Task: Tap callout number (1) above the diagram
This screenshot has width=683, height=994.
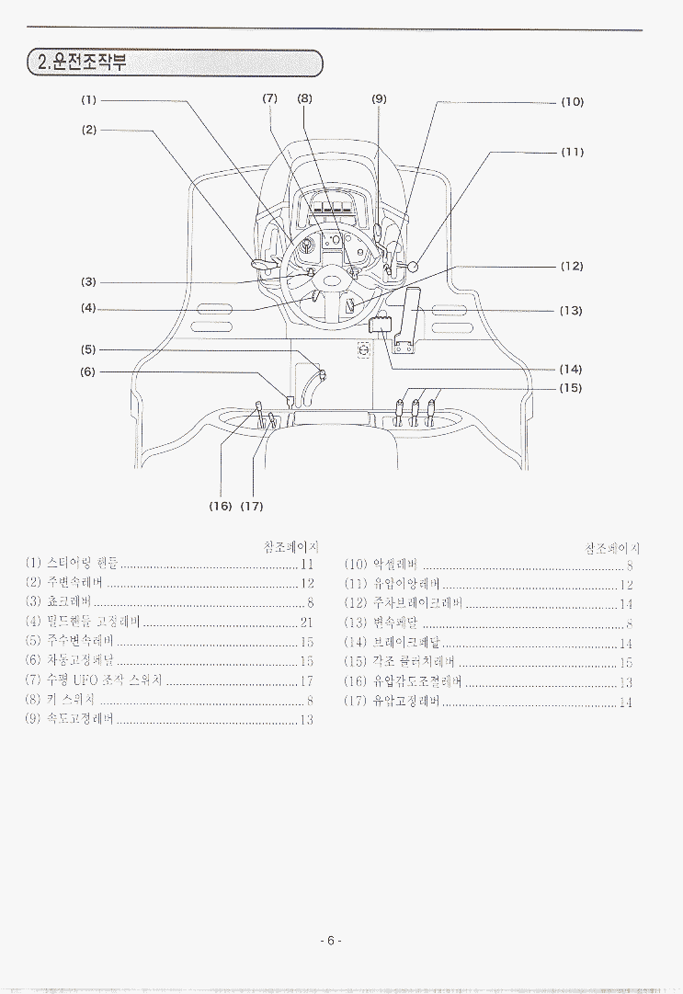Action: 88,99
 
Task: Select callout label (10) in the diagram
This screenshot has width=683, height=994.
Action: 572,102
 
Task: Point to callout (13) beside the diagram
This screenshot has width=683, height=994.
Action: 571,311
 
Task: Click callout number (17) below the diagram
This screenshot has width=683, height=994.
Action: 252,507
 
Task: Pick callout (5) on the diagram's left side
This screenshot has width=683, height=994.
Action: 88,349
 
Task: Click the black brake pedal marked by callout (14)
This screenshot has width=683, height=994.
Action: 381,325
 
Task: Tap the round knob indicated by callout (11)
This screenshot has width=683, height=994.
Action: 413,267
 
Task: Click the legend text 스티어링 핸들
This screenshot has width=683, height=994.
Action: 83,564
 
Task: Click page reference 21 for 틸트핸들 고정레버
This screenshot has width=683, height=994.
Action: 307,623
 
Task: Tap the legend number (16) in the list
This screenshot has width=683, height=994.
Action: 357,681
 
